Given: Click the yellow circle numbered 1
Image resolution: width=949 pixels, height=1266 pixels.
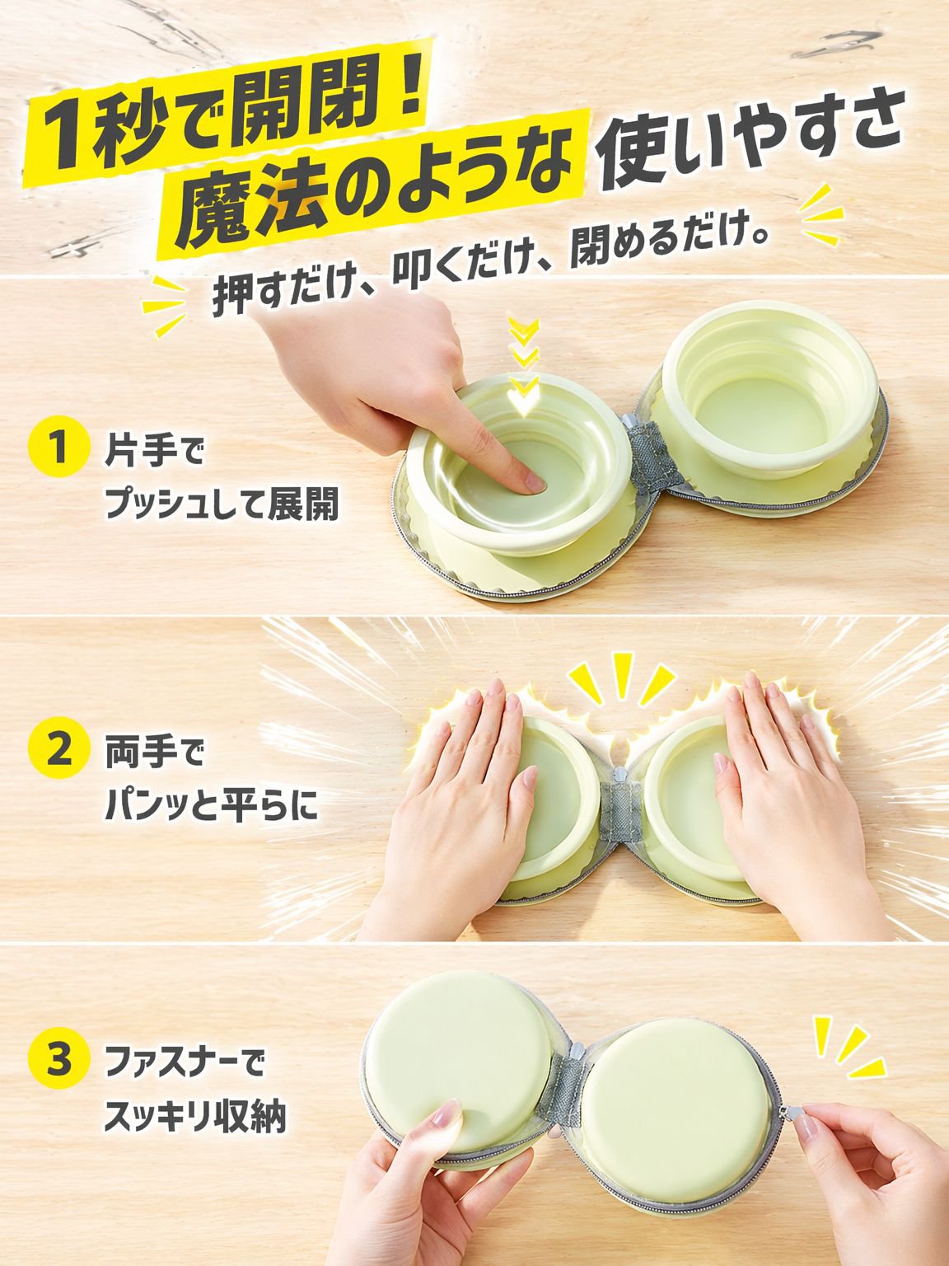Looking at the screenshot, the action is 58,447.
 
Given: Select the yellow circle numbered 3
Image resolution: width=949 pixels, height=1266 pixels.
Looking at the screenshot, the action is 58,1057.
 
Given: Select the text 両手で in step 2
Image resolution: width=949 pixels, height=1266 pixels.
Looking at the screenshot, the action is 154,753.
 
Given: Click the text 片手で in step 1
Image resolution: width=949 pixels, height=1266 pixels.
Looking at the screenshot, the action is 154,452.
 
